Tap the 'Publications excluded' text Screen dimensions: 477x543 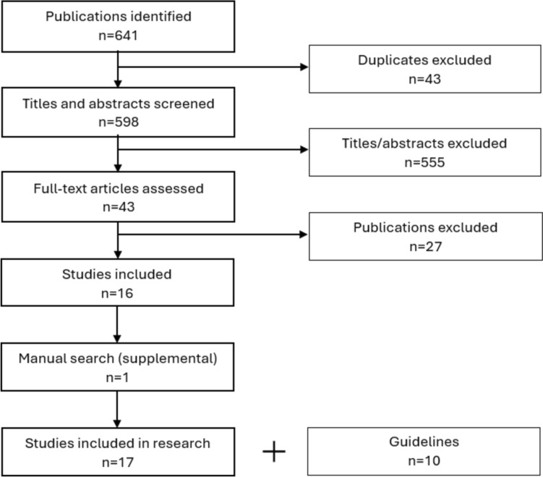(x=426, y=227)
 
